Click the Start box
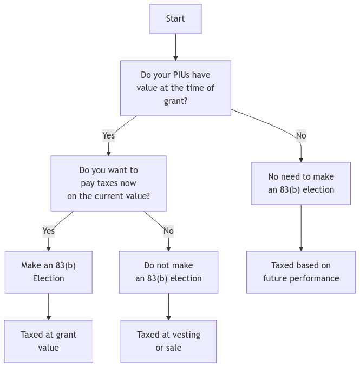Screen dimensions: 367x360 175,19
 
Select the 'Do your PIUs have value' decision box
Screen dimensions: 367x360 175,88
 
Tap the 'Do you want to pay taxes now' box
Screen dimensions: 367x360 108,183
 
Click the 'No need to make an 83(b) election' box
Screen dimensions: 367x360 301,183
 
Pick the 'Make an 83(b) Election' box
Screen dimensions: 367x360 49,272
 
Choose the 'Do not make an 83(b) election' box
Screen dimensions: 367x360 168,272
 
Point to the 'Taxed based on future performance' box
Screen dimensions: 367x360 301,272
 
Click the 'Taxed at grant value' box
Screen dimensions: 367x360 49,341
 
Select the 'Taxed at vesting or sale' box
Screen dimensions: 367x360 168,341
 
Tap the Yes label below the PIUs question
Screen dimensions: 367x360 108,135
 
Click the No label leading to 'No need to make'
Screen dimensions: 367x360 301,135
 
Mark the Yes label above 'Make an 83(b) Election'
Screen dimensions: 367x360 49,231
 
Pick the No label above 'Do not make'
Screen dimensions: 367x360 168,231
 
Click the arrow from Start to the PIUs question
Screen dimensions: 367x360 175,47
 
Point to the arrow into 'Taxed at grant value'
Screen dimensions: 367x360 49,307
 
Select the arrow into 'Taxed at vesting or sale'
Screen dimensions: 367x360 168,307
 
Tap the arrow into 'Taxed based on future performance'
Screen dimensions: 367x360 301,227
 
